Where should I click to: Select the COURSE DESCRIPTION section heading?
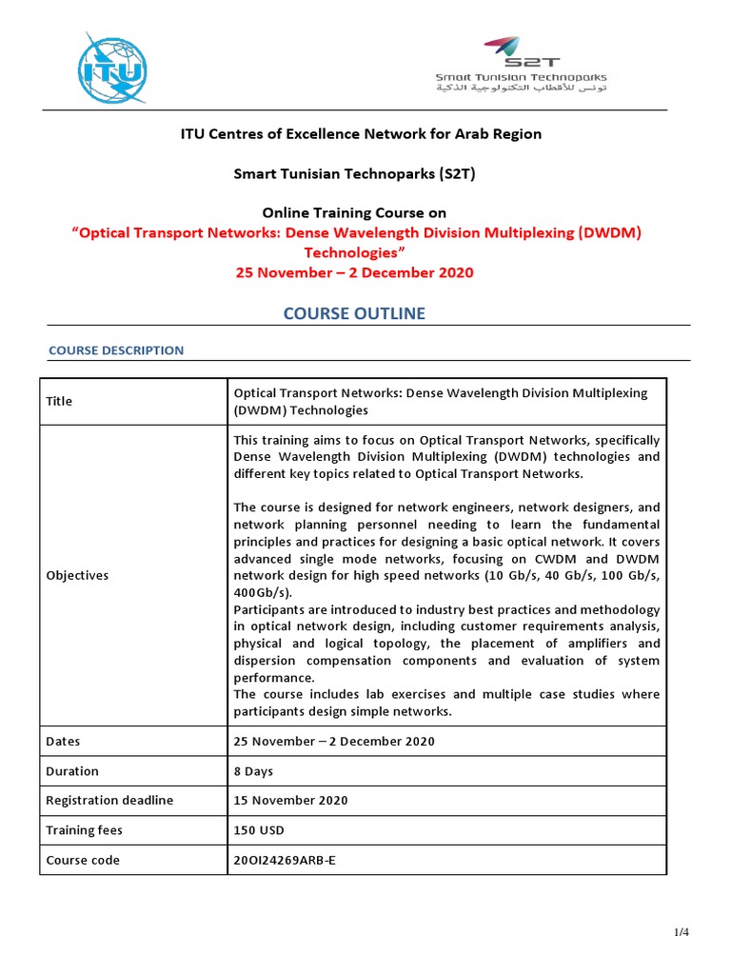click(x=116, y=350)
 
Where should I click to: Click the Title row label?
click(x=59, y=401)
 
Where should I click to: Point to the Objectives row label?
click(x=77, y=575)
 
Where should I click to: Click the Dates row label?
click(x=63, y=741)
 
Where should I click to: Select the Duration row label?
click(x=72, y=771)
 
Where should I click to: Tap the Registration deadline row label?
click(x=109, y=800)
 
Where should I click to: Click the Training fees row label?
click(x=84, y=830)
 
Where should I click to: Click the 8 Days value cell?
click(x=253, y=771)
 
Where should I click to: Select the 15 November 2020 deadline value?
click(x=290, y=800)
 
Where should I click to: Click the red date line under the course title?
click(x=354, y=272)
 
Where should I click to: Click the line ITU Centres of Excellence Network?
click(x=361, y=133)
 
